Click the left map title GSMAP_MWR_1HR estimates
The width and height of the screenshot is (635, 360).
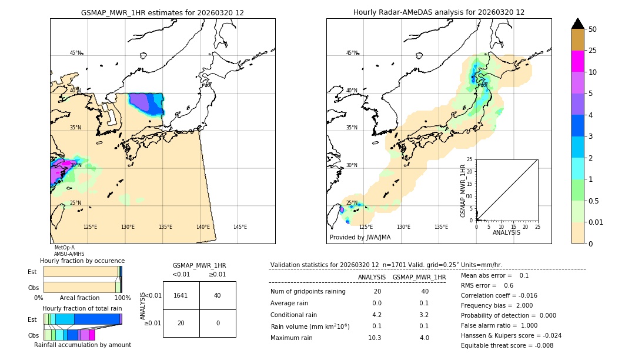(162, 12)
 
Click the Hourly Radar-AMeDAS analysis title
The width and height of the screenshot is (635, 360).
(439, 12)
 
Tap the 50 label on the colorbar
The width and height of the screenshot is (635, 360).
(593, 29)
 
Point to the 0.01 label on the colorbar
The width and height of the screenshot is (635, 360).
(596, 222)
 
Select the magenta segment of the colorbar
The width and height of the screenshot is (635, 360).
(577, 62)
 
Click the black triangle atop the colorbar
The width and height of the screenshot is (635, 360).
(577, 24)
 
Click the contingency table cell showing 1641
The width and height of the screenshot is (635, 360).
(181, 295)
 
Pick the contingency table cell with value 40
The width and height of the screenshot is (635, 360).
(218, 295)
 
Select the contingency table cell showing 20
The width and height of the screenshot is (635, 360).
(181, 323)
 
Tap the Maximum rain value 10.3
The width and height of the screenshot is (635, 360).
(375, 338)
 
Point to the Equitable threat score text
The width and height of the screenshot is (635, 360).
(507, 345)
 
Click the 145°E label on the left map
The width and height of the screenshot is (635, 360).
(240, 227)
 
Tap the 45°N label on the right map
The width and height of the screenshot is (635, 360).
(352, 54)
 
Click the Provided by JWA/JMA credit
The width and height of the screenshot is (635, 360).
(360, 238)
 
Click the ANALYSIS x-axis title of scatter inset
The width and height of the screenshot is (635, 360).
(506, 232)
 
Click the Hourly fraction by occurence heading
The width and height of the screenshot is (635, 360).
(82, 261)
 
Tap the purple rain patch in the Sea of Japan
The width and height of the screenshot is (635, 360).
(140, 103)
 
